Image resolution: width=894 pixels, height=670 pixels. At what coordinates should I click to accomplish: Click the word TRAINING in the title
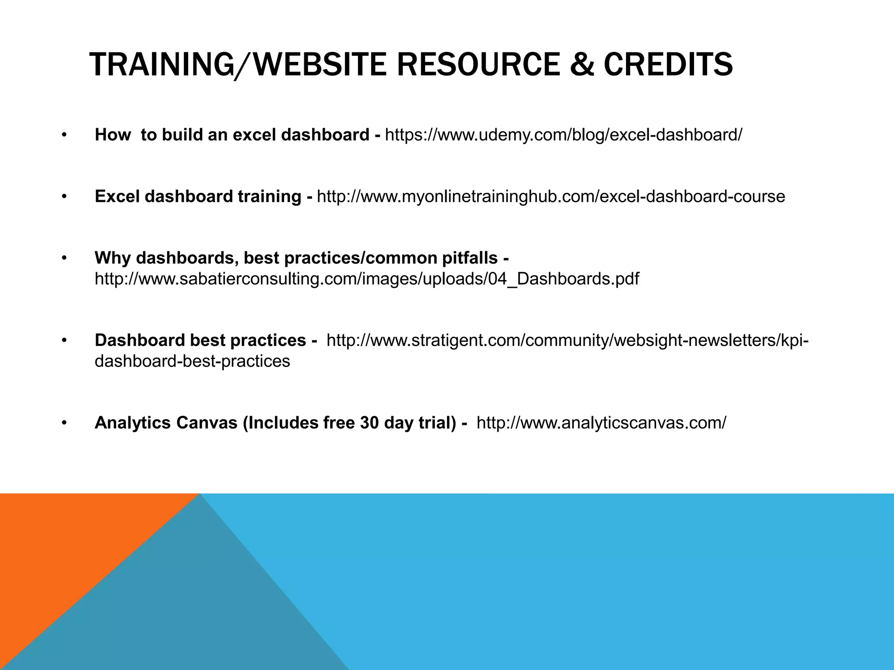tap(162, 65)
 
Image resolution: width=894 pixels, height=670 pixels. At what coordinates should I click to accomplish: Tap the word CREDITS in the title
tap(668, 65)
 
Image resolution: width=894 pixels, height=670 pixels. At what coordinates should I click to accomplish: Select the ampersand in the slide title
tap(582, 65)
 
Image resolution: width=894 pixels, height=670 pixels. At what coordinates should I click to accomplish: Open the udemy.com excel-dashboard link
tap(563, 135)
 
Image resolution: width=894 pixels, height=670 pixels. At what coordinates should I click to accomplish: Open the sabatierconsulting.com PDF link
tap(367, 279)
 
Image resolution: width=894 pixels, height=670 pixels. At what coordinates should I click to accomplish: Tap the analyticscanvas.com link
tap(601, 423)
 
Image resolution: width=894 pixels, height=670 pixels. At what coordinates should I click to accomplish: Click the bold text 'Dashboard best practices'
tap(200, 340)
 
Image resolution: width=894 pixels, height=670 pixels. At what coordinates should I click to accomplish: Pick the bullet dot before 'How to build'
tap(64, 135)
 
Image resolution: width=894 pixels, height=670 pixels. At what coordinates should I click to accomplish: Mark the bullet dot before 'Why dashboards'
tap(64, 258)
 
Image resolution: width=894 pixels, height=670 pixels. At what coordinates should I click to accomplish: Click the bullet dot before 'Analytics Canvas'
tap(64, 422)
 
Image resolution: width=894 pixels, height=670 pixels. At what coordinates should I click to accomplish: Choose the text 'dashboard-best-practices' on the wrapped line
tap(192, 361)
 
